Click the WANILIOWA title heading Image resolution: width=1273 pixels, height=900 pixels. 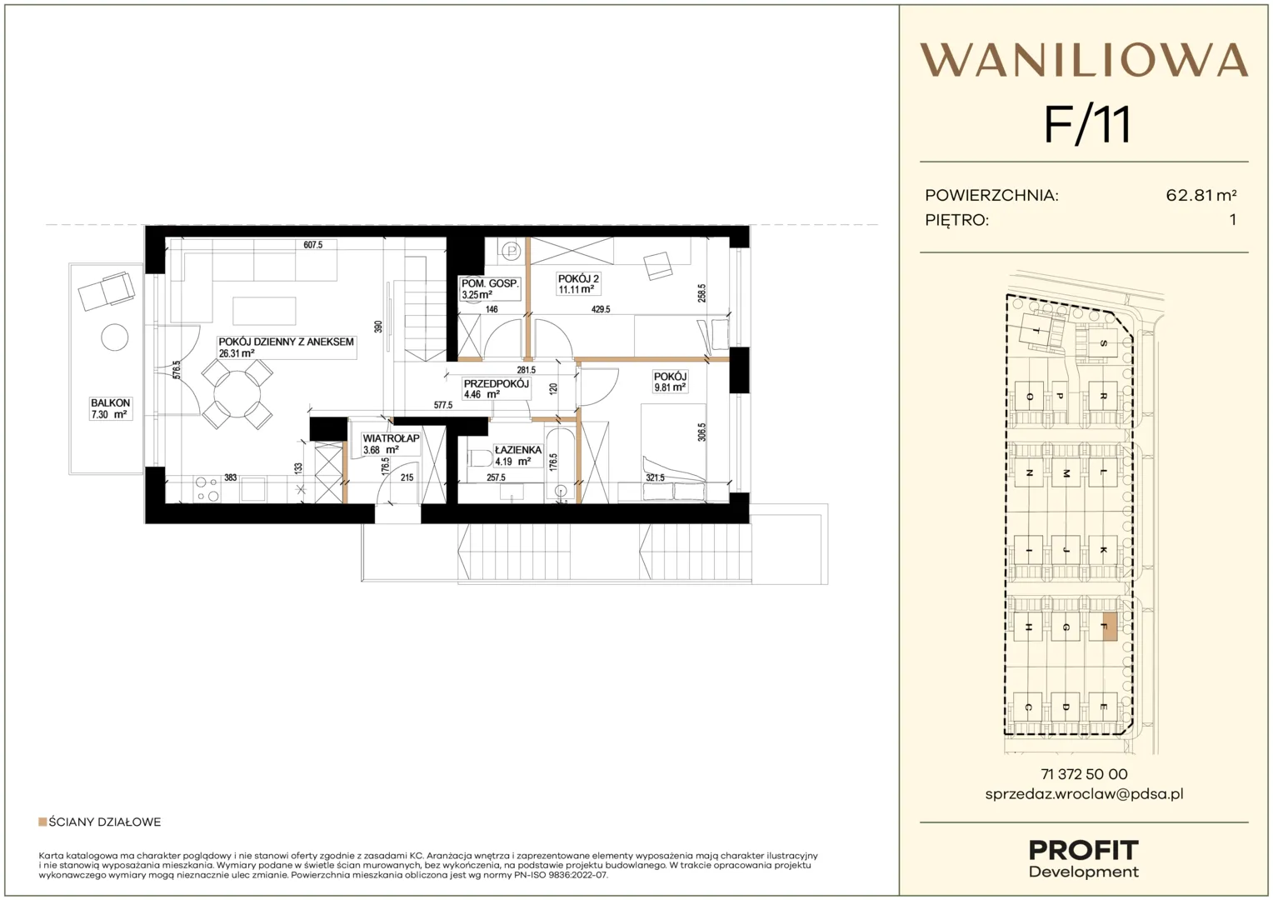pos(1084,60)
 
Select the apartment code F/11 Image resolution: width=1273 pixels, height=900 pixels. pos(1087,125)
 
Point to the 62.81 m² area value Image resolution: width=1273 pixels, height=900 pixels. pos(1201,195)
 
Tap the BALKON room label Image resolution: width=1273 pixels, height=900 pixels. pos(110,402)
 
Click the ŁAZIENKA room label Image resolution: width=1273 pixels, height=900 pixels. pos(517,450)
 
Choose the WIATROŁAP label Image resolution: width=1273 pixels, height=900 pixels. pos(391,438)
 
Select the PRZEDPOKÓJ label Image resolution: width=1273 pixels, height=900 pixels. pos(497,384)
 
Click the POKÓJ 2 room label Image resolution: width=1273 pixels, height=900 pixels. pos(578,278)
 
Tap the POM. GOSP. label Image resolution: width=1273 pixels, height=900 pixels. pos(490,283)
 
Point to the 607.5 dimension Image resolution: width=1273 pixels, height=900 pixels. pos(313,245)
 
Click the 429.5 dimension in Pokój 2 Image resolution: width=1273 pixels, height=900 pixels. pos(601,309)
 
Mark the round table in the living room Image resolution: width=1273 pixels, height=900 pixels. pos(237,394)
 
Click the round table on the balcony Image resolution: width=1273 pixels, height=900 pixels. pos(115,337)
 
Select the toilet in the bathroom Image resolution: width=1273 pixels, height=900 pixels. pos(480,458)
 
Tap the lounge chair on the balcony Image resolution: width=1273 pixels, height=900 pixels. pos(107,291)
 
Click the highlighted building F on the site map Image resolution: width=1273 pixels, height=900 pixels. pos(1110,627)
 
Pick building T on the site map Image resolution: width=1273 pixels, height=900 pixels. pos(1036,330)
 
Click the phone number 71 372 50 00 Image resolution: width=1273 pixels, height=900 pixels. pos(1085,774)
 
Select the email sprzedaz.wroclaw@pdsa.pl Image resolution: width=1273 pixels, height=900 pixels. pos(1085,793)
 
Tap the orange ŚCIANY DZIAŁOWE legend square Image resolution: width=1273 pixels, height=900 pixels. pos(42,822)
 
